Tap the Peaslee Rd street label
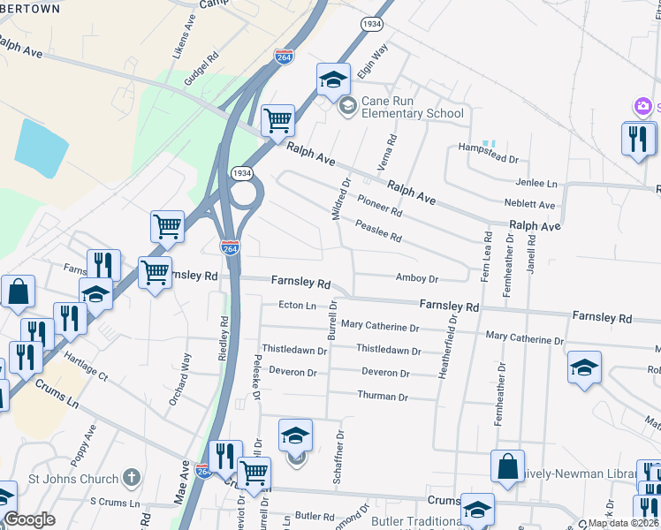[378, 231]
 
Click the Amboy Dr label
[417, 278]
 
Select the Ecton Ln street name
[297, 306]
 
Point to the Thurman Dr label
[383, 396]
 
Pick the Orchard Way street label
[179, 380]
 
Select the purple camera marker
[642, 107]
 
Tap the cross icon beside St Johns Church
[132, 479]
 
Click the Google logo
[29, 519]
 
